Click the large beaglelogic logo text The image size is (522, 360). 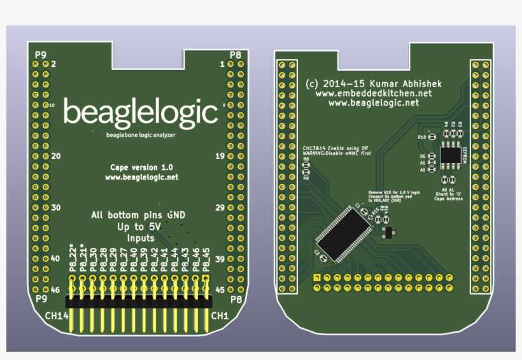(141, 113)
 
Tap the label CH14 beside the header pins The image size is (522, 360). (57, 315)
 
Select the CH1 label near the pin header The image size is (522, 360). (220, 315)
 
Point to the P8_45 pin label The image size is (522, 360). (206, 261)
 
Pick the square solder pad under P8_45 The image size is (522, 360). (206, 278)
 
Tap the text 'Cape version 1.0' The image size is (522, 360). (141, 167)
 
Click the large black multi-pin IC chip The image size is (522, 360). (341, 231)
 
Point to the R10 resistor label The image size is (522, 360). (421, 137)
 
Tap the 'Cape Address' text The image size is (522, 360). (449, 198)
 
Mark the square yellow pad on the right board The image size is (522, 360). (316, 278)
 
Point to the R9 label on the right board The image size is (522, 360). (306, 179)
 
